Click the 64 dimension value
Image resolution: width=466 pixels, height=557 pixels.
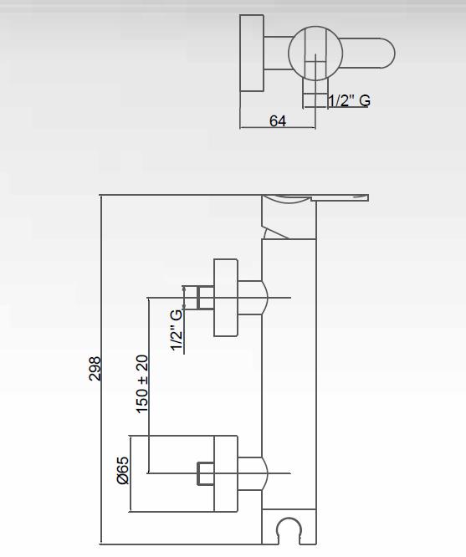[x=277, y=121]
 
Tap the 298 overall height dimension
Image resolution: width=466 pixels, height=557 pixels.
[x=95, y=369]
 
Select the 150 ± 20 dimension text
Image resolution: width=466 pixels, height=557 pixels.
[x=142, y=384]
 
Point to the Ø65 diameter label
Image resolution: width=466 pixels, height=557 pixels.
[x=123, y=470]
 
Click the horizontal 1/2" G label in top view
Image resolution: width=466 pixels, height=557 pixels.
[x=349, y=100]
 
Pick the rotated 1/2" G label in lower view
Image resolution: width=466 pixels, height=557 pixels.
[x=177, y=330]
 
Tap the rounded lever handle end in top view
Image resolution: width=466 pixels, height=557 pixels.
[x=387, y=53]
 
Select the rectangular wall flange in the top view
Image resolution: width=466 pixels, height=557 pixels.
[x=252, y=53]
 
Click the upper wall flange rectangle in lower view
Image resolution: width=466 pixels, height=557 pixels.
[x=226, y=298]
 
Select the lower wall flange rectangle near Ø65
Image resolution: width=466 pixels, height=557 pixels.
[x=226, y=473]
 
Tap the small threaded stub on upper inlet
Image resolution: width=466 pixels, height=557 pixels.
[x=206, y=298]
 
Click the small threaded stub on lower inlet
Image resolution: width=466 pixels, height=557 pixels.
[x=206, y=473]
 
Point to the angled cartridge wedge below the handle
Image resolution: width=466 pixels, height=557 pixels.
[x=275, y=232]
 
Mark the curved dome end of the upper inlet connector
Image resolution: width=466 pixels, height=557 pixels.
[x=265, y=298]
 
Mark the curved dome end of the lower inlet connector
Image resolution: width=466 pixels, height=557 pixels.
[x=265, y=473]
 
